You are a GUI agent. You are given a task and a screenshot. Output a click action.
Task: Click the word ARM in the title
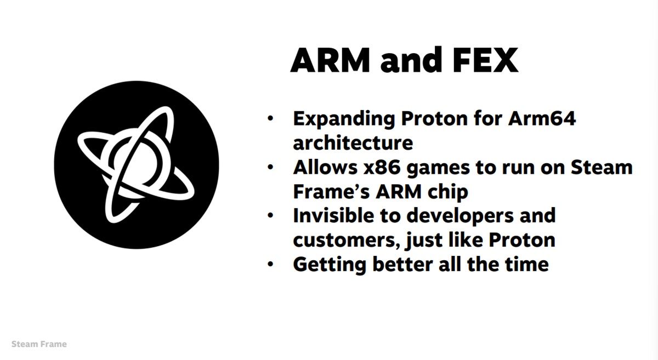(x=330, y=60)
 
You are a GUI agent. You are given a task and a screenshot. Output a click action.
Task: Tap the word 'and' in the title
(x=411, y=60)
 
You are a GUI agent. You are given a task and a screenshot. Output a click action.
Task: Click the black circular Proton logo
(x=137, y=165)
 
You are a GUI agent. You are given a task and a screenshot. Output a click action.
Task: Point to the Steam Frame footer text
(x=39, y=344)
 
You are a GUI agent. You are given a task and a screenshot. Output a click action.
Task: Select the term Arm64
(x=542, y=118)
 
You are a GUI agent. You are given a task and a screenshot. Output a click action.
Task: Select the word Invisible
(x=333, y=215)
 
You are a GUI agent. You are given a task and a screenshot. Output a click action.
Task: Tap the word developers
(x=461, y=216)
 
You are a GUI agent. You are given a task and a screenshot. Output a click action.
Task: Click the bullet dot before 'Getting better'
(x=270, y=264)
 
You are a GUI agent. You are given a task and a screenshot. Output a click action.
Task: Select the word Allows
(x=325, y=167)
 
